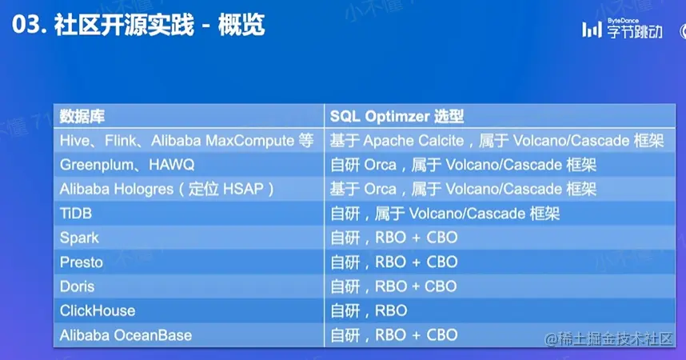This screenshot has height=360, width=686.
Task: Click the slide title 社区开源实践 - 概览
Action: coord(159,25)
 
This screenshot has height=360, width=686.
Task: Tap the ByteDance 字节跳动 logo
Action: coord(622,29)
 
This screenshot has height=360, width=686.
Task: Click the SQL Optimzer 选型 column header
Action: coord(397,117)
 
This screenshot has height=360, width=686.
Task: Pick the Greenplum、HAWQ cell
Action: coord(127,165)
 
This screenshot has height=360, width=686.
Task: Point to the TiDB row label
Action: coord(76,214)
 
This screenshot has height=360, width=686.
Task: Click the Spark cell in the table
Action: coord(79,238)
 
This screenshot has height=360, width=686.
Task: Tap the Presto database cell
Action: coord(82,262)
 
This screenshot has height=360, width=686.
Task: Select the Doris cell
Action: coord(77,286)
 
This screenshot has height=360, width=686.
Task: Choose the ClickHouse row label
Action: coord(98,310)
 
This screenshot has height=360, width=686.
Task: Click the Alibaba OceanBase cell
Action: coord(126,335)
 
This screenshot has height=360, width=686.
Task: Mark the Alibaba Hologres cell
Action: coord(166,189)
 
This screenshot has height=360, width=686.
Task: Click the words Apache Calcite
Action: coord(413,141)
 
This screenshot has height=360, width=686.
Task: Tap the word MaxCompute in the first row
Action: coord(249,141)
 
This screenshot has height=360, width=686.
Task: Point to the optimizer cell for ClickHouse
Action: coord(369,310)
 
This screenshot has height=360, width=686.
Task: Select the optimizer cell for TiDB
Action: coord(445,214)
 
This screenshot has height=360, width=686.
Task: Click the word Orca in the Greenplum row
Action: coord(381,165)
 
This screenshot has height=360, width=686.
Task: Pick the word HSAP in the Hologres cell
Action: coord(243,189)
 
